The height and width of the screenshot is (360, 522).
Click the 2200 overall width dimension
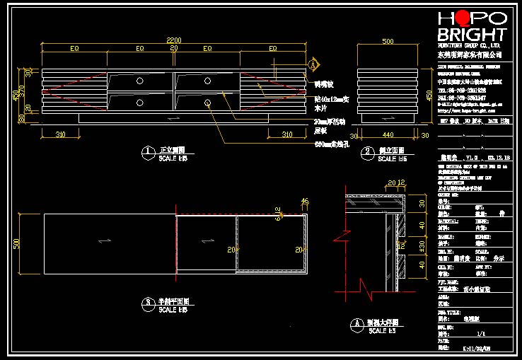174,40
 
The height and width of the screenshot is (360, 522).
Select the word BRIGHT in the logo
472,35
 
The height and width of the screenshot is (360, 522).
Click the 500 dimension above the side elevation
388,42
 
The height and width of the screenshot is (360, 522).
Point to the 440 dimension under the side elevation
388,133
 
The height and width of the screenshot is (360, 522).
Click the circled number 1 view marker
147,151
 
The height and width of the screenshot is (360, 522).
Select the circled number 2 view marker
368,151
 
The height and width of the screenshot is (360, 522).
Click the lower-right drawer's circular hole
210,103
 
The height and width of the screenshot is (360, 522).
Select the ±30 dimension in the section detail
423,245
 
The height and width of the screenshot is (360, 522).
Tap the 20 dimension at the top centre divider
174,49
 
